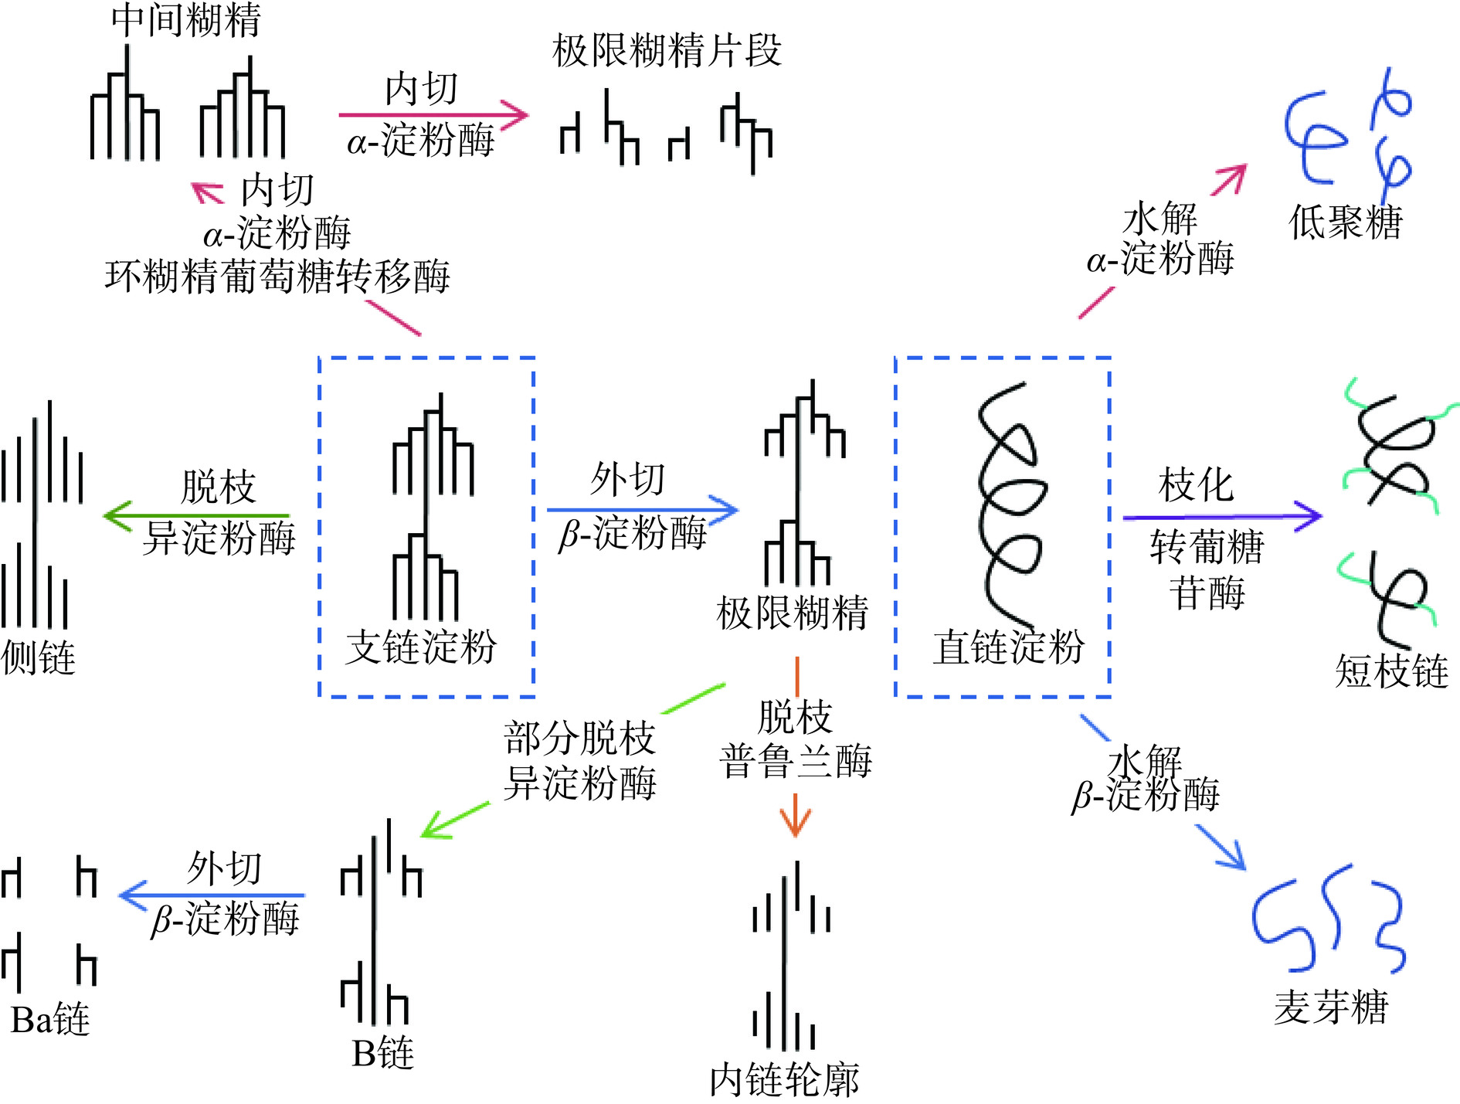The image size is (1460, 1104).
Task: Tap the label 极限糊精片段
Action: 667,52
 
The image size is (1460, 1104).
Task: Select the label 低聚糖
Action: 1345,223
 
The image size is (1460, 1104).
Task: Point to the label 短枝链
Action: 1391,671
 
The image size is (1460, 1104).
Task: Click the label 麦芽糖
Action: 1331,1007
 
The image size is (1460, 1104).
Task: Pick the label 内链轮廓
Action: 784,1079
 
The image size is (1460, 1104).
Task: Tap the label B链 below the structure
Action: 383,1053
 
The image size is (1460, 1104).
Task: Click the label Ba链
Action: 50,1020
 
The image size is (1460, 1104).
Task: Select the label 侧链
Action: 39,658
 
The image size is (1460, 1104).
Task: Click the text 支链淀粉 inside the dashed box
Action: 421,647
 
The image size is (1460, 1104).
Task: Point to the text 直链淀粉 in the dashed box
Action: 1008,647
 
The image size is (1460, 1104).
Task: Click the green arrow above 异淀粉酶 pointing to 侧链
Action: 196,515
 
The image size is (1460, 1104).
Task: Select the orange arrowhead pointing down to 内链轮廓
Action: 796,824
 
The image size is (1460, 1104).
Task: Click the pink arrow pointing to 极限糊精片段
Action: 433,115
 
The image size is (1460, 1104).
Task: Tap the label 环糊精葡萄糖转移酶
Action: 277,277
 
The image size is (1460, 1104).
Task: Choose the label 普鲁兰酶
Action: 796,762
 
